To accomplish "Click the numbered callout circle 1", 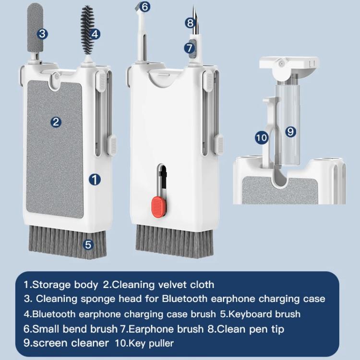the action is pos(95,180).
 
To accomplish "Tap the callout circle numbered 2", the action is pos(56,122).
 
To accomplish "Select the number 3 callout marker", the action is pos(42,34).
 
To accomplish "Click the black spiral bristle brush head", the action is pos(87,30).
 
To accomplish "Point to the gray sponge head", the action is pos(35,27).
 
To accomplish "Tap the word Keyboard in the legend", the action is pos(250,314).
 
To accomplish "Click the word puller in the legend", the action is pos(161,344).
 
